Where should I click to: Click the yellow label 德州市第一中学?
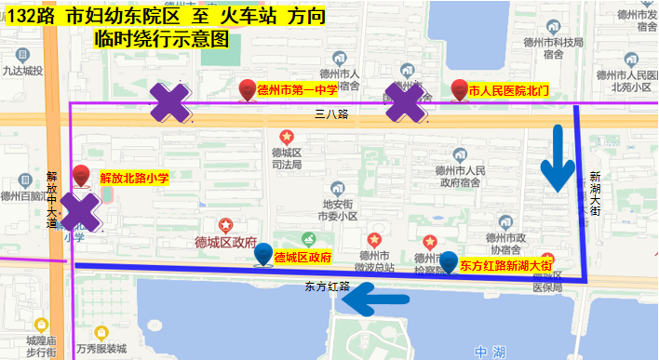click(x=297, y=90)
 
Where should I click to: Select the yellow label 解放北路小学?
click(x=133, y=178)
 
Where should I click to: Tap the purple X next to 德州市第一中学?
click(x=173, y=103)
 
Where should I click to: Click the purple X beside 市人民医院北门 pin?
click(x=407, y=103)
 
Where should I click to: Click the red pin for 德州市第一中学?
click(x=247, y=89)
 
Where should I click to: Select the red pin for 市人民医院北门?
click(x=459, y=90)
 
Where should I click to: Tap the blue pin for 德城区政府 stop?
click(x=264, y=253)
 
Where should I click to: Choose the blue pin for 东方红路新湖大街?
click(x=449, y=261)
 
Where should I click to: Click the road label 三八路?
click(x=330, y=114)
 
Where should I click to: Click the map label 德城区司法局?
click(x=286, y=158)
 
